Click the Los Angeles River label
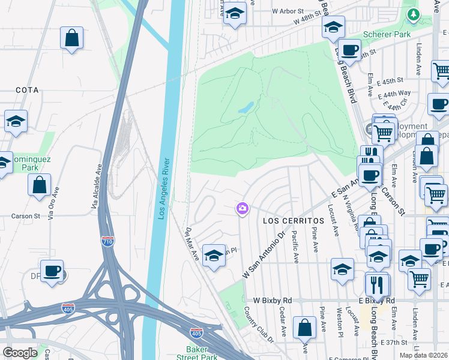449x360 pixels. click(162, 188)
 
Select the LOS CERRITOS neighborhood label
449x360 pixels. click(294, 221)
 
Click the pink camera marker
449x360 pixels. click(243, 209)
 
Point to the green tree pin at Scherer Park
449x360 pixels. click(412, 14)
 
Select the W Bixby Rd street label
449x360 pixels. click(272, 299)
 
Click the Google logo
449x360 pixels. click(20, 353)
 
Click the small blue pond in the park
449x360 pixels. click(246, 109)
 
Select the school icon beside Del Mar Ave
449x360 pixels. click(214, 256)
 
